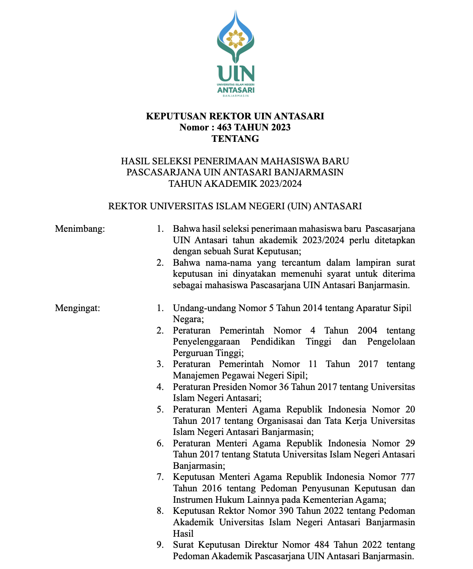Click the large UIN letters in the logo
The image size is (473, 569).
[236, 74]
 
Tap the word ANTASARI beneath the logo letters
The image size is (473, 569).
[236, 90]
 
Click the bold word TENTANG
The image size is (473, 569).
[235, 139]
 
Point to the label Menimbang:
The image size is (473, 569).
[80, 228]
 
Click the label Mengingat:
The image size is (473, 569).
[78, 308]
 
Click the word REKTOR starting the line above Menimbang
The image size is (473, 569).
[128, 206]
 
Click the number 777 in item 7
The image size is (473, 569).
[407, 477]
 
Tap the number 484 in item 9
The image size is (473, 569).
[323, 545]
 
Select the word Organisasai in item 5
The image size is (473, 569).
[281, 421]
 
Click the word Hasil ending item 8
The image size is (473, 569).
[183, 533]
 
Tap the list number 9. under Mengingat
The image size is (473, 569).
[160, 545]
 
